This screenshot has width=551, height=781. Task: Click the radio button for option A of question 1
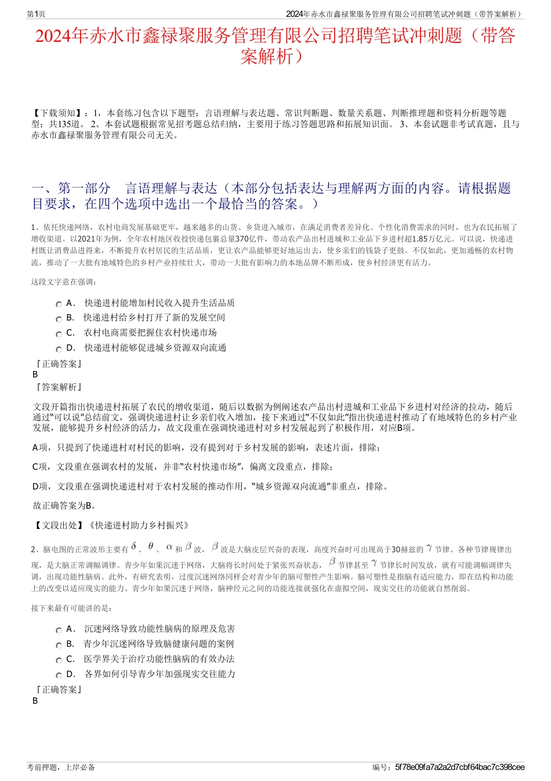point(59,304)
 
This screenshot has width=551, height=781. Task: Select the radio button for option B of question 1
point(59,319)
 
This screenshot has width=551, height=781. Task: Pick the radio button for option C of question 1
point(59,334)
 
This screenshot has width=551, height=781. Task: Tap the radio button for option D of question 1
point(59,349)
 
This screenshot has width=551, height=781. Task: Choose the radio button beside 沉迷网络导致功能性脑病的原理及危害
point(59,630)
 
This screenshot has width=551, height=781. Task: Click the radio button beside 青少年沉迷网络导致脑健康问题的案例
point(59,645)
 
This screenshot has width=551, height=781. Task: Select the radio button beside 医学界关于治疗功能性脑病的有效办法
point(59,660)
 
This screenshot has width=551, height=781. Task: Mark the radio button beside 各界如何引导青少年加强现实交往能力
point(59,675)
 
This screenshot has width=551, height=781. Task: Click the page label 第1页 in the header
point(36,14)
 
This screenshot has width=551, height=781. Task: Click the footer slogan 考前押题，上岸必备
point(61,767)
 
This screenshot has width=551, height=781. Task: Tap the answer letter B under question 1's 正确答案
point(35,375)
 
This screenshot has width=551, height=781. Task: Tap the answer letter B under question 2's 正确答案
point(35,701)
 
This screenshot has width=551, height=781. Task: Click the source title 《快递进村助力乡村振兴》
point(139,525)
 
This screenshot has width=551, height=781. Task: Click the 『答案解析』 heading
point(59,387)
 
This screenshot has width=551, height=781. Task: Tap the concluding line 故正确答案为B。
point(65,505)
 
